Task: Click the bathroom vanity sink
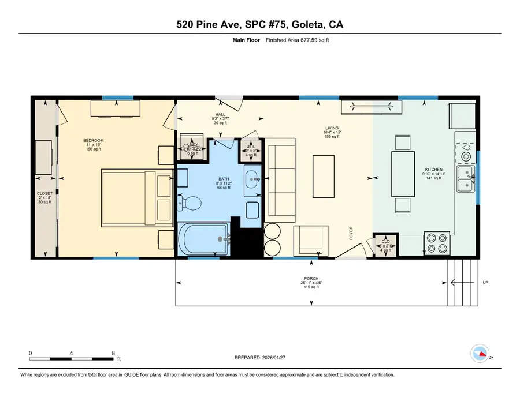[252, 178]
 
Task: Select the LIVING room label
[332, 128]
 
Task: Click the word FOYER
[351, 233]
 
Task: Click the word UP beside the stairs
[485, 283]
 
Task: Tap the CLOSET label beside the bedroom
[44, 193]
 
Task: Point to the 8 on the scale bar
[113, 353]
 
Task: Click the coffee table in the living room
[323, 176]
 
